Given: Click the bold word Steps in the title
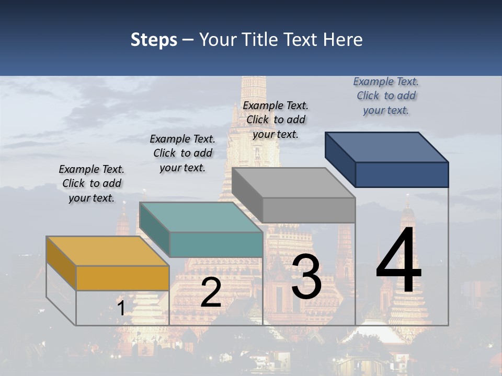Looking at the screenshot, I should [x=154, y=40].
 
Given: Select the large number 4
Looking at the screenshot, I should [x=398, y=261].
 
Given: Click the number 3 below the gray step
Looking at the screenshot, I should [x=306, y=277].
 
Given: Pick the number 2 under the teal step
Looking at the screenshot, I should [x=211, y=292].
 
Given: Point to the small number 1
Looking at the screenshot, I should [x=121, y=308].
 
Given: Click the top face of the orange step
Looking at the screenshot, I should [x=107, y=251].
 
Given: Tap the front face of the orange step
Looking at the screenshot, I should [x=122, y=278].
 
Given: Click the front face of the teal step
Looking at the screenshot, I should [x=216, y=244].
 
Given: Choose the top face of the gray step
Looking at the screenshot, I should [x=293, y=183].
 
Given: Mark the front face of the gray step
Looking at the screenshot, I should [x=309, y=210].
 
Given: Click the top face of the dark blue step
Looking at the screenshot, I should [x=386, y=147].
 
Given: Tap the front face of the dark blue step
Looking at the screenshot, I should [x=402, y=174].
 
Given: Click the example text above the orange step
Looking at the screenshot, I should [x=92, y=183].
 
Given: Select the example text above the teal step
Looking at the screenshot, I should [x=182, y=153].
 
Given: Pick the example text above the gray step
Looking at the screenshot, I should [x=276, y=120].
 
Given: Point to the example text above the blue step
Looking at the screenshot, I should [x=386, y=96].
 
